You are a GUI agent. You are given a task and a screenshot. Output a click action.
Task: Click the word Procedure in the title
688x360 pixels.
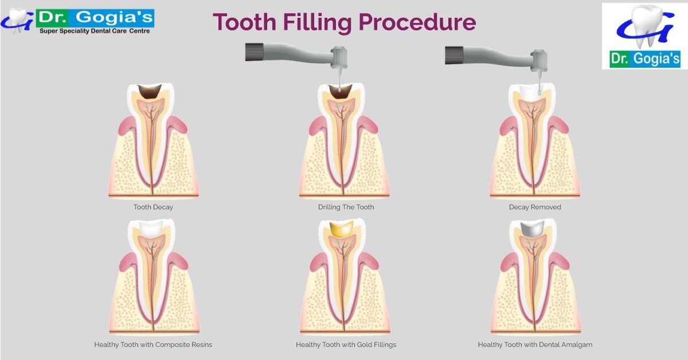[x=417, y=23]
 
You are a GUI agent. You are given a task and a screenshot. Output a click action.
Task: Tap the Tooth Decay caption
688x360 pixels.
[x=153, y=207]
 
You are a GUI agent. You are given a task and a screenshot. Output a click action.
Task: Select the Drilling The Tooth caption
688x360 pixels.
[x=346, y=207]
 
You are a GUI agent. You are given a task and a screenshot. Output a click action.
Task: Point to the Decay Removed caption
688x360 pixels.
[x=535, y=207]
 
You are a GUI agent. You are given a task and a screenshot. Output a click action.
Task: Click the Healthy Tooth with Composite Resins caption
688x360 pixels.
[x=153, y=345]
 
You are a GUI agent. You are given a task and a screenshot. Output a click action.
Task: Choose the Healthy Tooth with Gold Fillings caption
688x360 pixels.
[x=346, y=345]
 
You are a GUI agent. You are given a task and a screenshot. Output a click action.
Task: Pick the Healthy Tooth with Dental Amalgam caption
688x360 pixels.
[x=535, y=345]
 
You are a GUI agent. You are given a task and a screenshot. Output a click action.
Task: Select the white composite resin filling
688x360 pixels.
[x=153, y=229]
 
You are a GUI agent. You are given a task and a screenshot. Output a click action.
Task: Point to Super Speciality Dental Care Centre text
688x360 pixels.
[x=95, y=31]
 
